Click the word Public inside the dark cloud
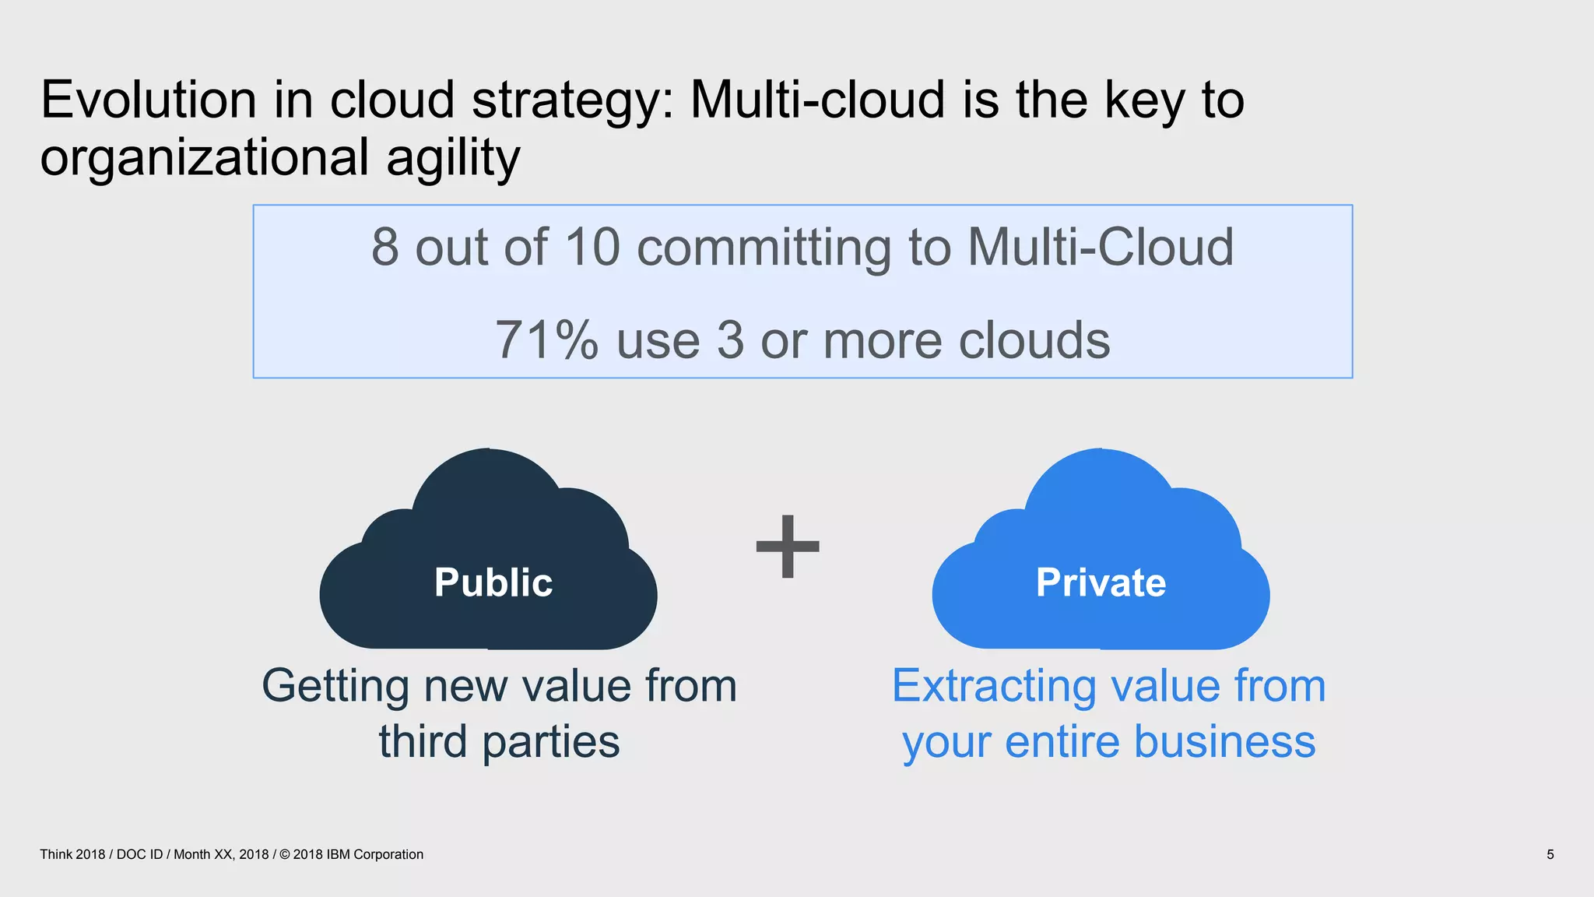(493, 582)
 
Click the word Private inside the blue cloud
(1101, 582)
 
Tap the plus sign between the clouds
(788, 547)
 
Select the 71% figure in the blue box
(546, 340)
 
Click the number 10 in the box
(592, 247)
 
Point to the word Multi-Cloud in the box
(1100, 247)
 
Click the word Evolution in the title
(148, 100)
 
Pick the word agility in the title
(453, 158)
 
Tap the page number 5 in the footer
(1550, 854)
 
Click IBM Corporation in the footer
(374, 854)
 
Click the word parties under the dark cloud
(551, 741)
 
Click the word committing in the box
(764, 247)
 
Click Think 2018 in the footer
(72, 854)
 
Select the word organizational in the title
(204, 158)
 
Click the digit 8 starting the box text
(384, 247)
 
